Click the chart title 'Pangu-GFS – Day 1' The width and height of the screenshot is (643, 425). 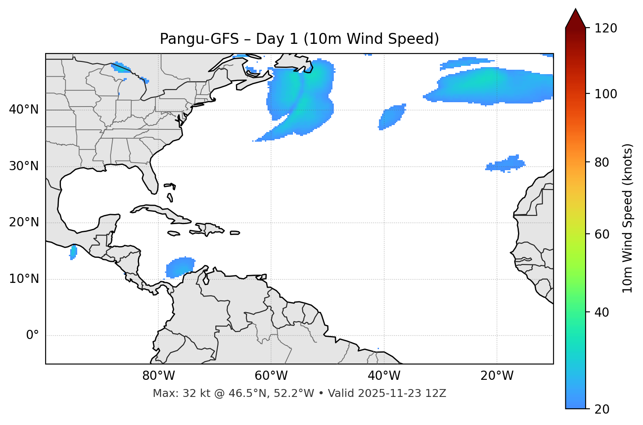coord(299,39)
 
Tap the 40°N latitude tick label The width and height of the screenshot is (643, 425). coord(24,110)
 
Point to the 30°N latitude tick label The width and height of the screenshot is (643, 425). coord(24,166)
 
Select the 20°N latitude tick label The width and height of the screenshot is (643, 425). coord(24,222)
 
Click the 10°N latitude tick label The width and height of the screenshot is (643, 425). coord(24,279)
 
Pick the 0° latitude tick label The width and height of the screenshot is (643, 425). coord(32,336)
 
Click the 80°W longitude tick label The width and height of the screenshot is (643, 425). coord(158,376)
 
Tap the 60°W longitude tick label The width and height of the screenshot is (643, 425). coord(271,376)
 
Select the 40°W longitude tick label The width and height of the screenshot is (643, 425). coord(384,376)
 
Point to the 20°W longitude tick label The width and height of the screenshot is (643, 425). coord(497,376)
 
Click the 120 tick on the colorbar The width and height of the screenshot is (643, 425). coord(606,29)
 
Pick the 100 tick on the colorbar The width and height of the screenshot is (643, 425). coord(606,94)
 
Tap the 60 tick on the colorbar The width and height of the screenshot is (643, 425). coord(603,234)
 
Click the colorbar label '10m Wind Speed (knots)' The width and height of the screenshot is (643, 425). coord(628,218)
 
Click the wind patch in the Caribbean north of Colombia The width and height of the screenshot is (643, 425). coord(180,267)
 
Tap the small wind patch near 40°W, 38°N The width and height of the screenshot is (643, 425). coord(392,117)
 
